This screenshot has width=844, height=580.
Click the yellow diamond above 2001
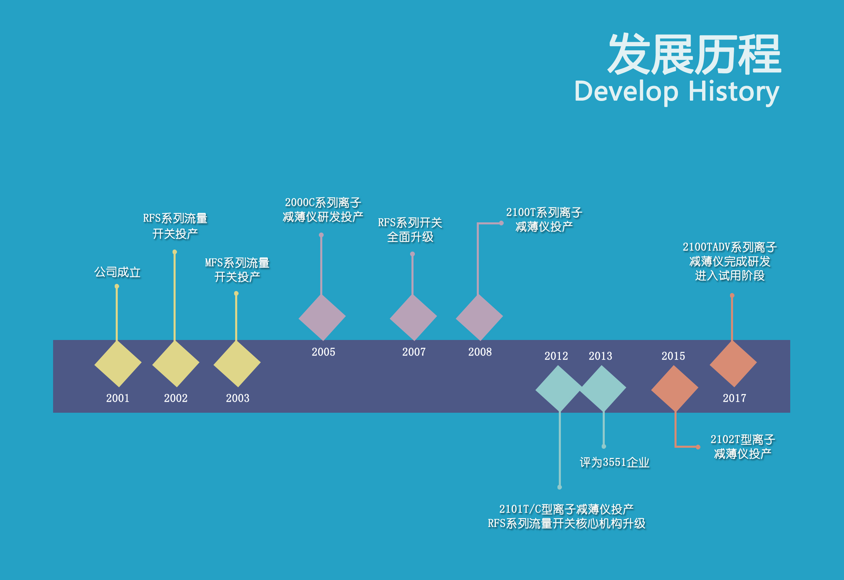(118, 364)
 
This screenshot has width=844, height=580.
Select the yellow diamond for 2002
(176, 364)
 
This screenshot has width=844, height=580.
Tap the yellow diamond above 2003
(237, 364)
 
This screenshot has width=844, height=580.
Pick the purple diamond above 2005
(322, 317)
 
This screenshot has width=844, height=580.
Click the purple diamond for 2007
(413, 317)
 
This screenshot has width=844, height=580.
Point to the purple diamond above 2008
(479, 317)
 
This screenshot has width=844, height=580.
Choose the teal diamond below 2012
(559, 389)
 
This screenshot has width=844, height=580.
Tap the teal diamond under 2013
(602, 389)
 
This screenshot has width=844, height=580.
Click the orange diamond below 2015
(675, 389)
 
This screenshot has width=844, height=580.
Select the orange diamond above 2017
(733, 364)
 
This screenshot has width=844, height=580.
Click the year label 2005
(323, 352)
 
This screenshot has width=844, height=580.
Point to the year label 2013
(600, 356)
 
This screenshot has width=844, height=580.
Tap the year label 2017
(734, 398)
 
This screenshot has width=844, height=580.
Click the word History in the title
(733, 92)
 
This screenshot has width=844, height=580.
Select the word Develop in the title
(626, 92)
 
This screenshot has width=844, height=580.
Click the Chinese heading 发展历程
(695, 54)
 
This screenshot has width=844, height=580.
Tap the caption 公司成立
(117, 272)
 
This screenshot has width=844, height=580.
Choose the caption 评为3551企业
(614, 462)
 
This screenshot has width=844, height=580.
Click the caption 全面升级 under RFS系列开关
(410, 237)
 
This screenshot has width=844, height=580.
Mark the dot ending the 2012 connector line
(559, 487)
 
